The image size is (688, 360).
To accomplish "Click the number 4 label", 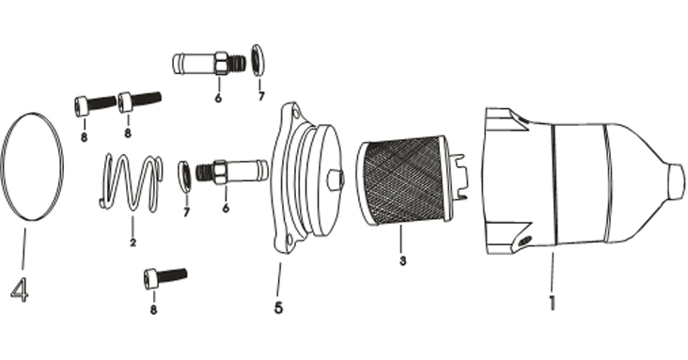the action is coord(20,290).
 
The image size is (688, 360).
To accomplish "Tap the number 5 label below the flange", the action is coord(278,307).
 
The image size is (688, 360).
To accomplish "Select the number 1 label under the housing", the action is coord(552,304).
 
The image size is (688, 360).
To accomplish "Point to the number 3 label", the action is coord(402,260).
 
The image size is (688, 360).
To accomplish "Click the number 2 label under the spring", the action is coord(133,242).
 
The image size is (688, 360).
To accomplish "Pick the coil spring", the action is coord(131,181).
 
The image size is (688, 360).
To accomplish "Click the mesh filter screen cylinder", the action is coord(403,180).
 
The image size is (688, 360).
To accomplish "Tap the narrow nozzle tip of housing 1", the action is coord(676,181).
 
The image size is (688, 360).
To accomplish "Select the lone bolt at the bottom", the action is coord(165,278).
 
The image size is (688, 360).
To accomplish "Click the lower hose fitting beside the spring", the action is coord(231,172).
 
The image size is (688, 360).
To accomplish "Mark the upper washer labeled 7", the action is coord(258,60).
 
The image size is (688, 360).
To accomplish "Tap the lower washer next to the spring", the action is coord(184,177).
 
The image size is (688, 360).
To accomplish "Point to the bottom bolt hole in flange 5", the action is coord(289,240).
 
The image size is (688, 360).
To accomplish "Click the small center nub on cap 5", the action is coord(336,180).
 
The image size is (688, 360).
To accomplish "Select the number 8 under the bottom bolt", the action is coord(153,310).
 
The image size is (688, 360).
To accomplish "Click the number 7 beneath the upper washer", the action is coord(261,96).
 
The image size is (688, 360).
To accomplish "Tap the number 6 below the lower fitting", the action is coord(226,208).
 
